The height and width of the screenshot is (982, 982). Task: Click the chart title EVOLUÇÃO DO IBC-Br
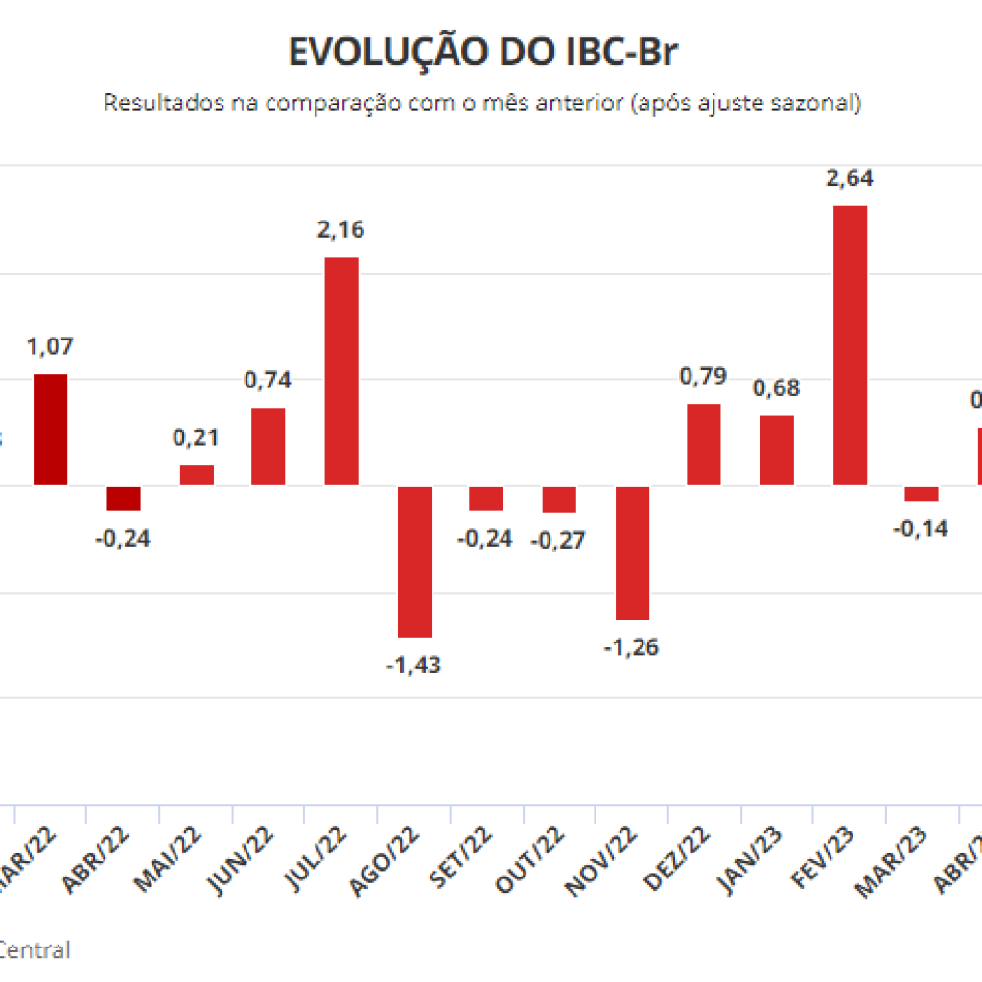(482, 54)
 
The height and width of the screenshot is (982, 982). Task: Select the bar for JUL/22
(341, 371)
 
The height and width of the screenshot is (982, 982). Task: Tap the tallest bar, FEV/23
(850, 345)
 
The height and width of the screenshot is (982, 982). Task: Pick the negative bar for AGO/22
(415, 561)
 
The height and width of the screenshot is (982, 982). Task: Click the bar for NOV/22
(632, 552)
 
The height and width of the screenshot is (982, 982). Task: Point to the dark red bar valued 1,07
(51, 429)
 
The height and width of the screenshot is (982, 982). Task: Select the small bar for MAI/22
(197, 475)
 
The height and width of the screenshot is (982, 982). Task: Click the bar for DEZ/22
(704, 444)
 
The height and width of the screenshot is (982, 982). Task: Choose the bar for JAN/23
(777, 450)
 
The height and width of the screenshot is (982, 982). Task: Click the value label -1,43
(413, 665)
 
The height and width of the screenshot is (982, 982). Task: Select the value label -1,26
(632, 647)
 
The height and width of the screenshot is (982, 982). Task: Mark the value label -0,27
(560, 540)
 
